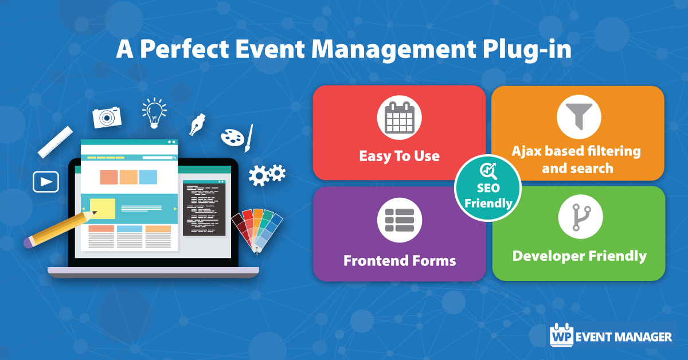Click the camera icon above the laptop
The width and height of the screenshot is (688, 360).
click(x=107, y=118)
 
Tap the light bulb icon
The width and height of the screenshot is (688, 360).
click(x=154, y=113)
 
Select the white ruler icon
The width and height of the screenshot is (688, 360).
click(x=55, y=142)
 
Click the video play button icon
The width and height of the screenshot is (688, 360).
click(x=46, y=182)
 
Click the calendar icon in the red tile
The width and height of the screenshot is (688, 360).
click(x=399, y=118)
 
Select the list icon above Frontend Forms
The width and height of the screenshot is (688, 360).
click(x=400, y=220)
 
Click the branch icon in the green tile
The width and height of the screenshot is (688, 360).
click(x=580, y=217)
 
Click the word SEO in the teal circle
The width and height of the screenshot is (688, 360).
click(x=488, y=188)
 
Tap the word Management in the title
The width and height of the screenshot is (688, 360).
click(x=394, y=50)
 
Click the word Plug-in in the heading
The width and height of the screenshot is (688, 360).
click(x=527, y=49)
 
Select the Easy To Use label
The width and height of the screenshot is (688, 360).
click(x=399, y=156)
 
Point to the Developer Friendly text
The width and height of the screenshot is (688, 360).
click(x=580, y=256)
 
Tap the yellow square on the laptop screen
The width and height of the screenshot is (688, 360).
click(x=103, y=209)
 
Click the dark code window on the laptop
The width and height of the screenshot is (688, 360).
click(x=204, y=208)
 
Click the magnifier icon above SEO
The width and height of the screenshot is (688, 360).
click(x=488, y=171)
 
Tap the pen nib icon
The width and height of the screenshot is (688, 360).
click(x=197, y=125)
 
